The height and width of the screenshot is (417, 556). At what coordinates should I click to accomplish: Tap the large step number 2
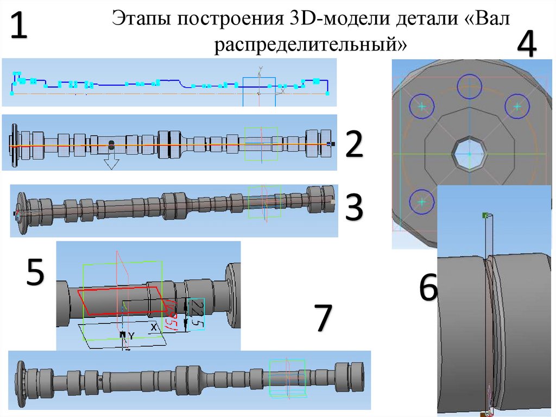pos(353,145)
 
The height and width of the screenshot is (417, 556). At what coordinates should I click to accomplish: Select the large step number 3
pos(353,208)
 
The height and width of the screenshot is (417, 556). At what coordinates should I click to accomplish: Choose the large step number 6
pos(427,288)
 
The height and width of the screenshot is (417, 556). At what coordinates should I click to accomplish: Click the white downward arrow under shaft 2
pos(111,160)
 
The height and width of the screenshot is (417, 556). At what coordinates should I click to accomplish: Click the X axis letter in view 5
pos(154,328)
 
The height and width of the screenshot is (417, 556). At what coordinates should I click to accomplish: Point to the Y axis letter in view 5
pos(131,336)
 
